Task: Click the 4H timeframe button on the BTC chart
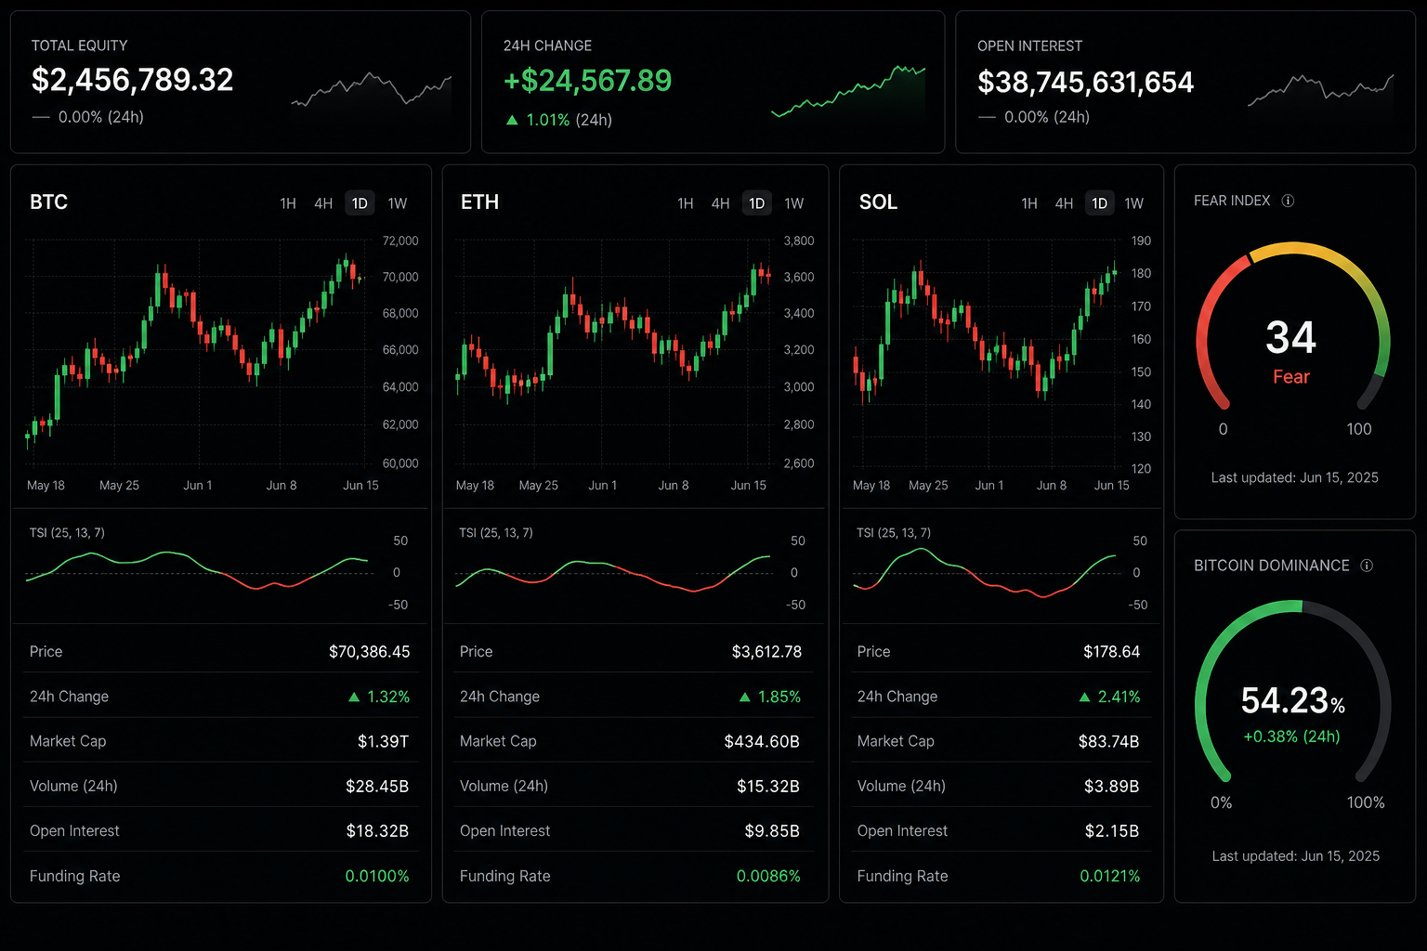click(323, 203)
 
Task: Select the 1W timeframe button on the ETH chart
click(793, 203)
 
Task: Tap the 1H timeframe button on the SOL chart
click(1028, 203)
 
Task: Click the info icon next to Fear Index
click(1288, 201)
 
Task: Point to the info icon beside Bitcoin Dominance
click(1367, 565)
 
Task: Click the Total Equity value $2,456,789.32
click(133, 80)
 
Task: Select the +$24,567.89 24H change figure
click(587, 81)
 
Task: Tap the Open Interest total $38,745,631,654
click(1085, 82)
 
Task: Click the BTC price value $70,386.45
click(370, 652)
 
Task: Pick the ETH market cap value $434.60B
click(762, 741)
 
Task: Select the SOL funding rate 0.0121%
click(1110, 876)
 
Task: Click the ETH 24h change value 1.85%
click(779, 697)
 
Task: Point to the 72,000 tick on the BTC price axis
click(400, 241)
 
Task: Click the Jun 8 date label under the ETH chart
click(674, 486)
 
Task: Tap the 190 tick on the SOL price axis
click(1141, 241)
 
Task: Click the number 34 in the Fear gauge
click(1290, 337)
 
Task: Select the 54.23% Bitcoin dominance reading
click(1292, 700)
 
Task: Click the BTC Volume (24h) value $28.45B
click(377, 786)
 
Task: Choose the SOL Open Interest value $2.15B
click(1112, 830)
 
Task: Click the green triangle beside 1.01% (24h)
click(512, 120)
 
